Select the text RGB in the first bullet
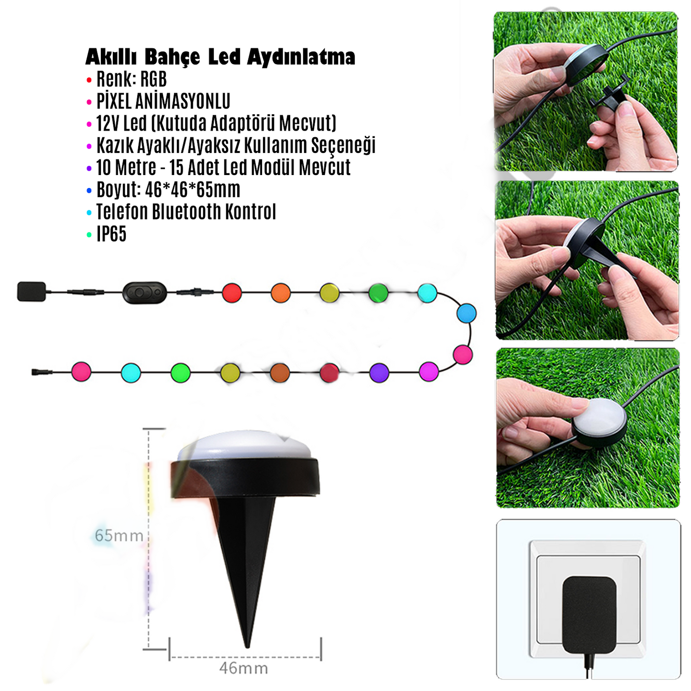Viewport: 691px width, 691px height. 153,79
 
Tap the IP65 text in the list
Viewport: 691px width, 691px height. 111,234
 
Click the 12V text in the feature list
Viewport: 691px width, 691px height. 107,123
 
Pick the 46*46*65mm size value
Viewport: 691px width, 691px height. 193,190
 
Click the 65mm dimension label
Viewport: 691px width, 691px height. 119,536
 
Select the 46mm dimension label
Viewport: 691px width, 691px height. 243,668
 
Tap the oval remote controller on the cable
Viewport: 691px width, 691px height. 145,293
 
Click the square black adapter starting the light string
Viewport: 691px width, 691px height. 32,292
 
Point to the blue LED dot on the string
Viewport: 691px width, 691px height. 467,313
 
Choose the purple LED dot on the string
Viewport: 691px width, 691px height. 379,373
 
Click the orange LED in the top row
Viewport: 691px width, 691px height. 281,293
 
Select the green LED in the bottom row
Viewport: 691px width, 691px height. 180,373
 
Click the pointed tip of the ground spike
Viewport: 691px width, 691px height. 247,647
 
